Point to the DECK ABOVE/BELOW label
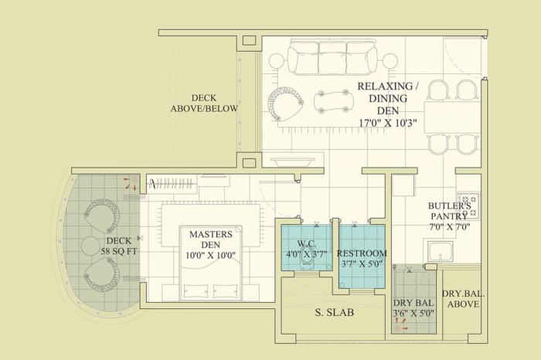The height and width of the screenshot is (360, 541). pos(204,104)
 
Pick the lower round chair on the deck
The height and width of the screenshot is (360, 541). pos(101,275)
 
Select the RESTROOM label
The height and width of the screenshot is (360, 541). pos(362,253)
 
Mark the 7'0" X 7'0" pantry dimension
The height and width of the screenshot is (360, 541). pos(448,227)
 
